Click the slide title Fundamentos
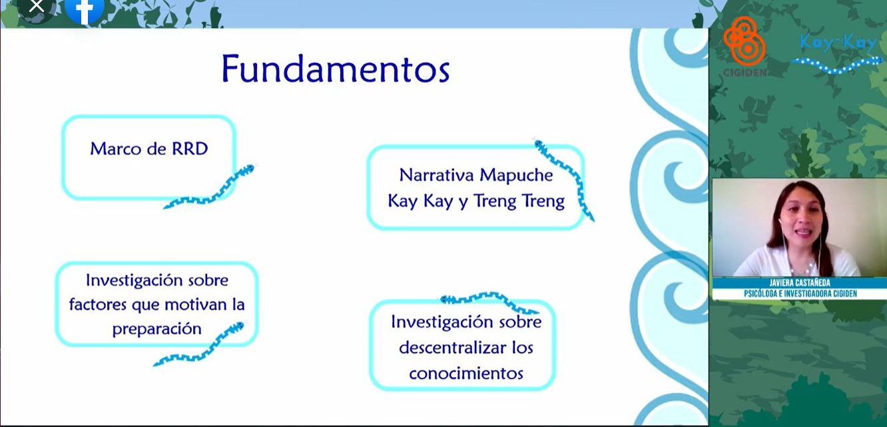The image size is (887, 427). pos(336,69)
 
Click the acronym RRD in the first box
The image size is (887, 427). pos(190,149)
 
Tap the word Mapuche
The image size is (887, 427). pos(516,176)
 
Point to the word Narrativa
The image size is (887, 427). pos(437,175)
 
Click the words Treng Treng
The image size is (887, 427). pos(519,202)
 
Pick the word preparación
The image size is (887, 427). pos(156,329)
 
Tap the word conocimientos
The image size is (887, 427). pos(466,373)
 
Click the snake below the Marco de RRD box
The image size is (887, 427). pos(210,187)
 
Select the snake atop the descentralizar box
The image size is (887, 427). pos(489,301)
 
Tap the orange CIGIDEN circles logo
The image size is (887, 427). pos(744,41)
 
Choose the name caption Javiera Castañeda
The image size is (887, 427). pos(800,283)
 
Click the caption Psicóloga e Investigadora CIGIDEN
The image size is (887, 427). pos(800,294)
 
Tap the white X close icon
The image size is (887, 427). pos(37,5)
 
